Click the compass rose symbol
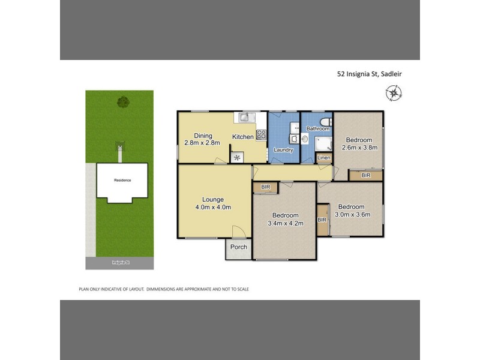pyautogui.click(x=394, y=92)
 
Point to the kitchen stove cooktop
pyautogui.click(x=262, y=135)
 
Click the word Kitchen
pyautogui.click(x=243, y=137)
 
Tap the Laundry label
pyautogui.click(x=283, y=149)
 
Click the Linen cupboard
pyautogui.click(x=323, y=158)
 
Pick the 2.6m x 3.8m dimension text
pyautogui.click(x=358, y=148)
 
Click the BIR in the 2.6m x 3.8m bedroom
pyautogui.click(x=365, y=175)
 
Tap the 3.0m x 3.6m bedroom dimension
pyautogui.click(x=352, y=214)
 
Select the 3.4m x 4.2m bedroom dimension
pyautogui.click(x=285, y=223)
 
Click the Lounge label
pyautogui.click(x=213, y=200)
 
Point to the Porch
pyautogui.click(x=239, y=247)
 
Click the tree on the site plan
pyautogui.click(x=123, y=101)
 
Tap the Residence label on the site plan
pyautogui.click(x=122, y=180)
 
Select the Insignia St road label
pyautogui.click(x=119, y=263)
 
